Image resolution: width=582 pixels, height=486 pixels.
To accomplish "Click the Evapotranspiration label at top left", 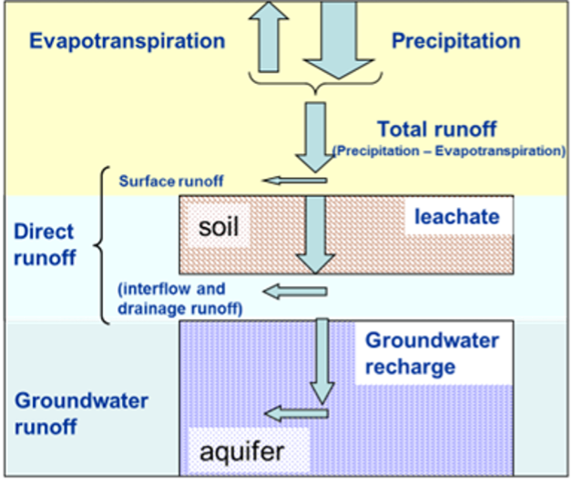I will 127,41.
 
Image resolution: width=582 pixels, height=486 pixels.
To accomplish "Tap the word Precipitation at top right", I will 455,41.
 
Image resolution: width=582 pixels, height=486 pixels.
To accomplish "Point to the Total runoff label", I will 438,129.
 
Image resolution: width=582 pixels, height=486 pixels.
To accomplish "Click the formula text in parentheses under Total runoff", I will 449,150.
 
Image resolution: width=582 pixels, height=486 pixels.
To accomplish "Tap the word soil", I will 219,225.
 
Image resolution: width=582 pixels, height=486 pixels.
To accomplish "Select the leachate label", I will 456,217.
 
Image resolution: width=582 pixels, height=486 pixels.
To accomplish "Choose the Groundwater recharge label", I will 432,354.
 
